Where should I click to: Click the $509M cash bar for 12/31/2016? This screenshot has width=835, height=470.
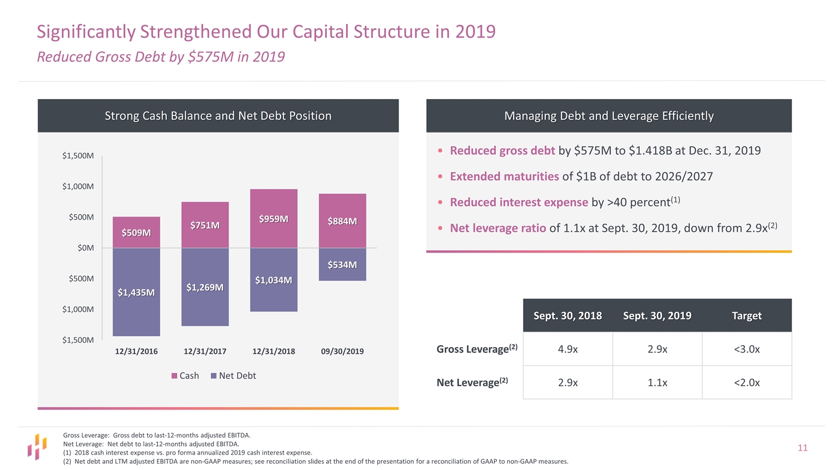(136, 232)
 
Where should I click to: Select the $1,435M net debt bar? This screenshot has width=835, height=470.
(136, 292)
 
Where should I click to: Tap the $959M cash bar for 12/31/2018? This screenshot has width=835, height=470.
(273, 219)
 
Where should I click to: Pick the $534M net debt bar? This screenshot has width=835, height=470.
(342, 264)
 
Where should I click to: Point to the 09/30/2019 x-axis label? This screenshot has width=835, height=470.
(342, 351)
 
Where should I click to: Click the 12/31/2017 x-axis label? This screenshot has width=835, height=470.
(205, 351)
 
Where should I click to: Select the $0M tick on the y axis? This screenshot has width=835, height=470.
(86, 248)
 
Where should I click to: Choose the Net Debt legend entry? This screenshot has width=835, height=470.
(233, 376)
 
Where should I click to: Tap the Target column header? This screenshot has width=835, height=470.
(746, 316)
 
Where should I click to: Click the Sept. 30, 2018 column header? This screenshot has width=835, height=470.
(568, 316)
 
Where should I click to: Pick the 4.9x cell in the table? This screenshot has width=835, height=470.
(568, 349)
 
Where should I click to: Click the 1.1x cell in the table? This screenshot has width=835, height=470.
(657, 382)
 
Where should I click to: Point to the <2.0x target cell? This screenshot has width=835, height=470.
(746, 382)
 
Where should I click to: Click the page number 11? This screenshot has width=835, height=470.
(802, 448)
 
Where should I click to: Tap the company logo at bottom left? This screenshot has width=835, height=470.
(37, 447)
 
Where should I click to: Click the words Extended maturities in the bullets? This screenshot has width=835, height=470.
(504, 176)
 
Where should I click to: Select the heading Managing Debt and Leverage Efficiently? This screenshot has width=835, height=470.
(609, 116)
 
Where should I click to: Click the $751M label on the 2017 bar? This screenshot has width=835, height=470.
(205, 225)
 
